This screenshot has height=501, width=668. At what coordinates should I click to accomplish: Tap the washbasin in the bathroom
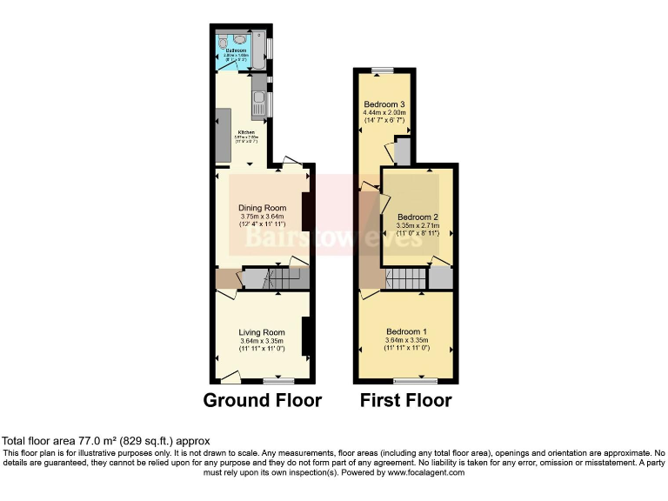[238, 40]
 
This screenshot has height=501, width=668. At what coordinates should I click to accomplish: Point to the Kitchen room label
[246, 133]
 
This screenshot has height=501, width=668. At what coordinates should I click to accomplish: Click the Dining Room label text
[263, 208]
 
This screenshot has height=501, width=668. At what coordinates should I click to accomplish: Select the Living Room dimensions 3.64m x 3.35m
[263, 341]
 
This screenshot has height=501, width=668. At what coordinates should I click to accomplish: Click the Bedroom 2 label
[417, 217]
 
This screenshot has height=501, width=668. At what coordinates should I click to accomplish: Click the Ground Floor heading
[262, 401]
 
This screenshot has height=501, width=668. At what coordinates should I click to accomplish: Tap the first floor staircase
[404, 279]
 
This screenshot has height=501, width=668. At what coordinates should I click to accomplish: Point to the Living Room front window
[277, 381]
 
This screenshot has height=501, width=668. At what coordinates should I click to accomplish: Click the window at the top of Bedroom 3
[383, 70]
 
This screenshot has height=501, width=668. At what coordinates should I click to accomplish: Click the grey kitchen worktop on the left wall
[222, 136]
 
